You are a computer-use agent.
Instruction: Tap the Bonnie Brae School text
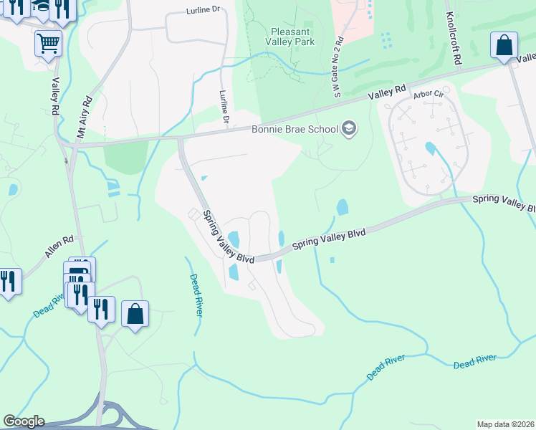pyautogui.click(x=294, y=130)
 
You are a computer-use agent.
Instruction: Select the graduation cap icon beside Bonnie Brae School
pyautogui.click(x=349, y=129)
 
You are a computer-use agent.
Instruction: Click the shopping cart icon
pyautogui.click(x=48, y=42)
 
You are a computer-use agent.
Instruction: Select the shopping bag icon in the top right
pyautogui.click(x=504, y=44)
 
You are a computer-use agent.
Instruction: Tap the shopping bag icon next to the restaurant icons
pyautogui.click(x=135, y=313)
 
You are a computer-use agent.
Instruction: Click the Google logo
pyautogui.click(x=24, y=421)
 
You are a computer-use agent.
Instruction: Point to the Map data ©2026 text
pyautogui.click(x=505, y=424)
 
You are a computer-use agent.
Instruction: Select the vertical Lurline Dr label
pyautogui.click(x=225, y=108)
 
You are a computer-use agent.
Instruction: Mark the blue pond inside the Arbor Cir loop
pyautogui.click(x=430, y=149)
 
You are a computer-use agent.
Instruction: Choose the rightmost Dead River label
pyautogui.click(x=475, y=360)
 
